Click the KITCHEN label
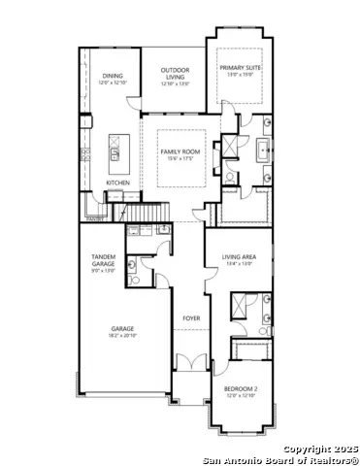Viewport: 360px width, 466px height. (117, 182)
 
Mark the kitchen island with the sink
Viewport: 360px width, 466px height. (115, 152)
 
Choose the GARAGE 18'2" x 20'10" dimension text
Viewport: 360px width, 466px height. (122, 335)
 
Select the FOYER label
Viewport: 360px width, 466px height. (191, 317)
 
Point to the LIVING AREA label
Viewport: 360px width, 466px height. (238, 257)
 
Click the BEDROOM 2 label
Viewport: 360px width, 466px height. (242, 389)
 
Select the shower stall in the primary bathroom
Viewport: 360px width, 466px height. (231, 147)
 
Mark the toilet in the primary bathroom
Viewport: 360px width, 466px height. (229, 177)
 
